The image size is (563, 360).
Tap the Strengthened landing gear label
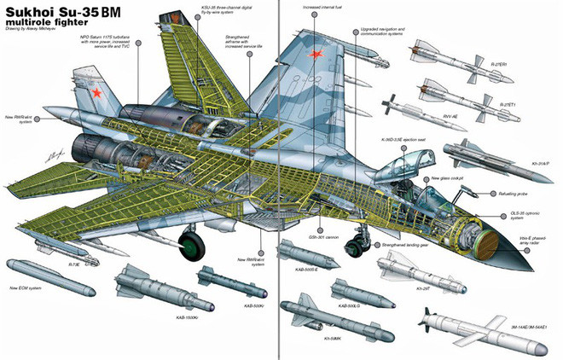pyautogui.click(x=403, y=244)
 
